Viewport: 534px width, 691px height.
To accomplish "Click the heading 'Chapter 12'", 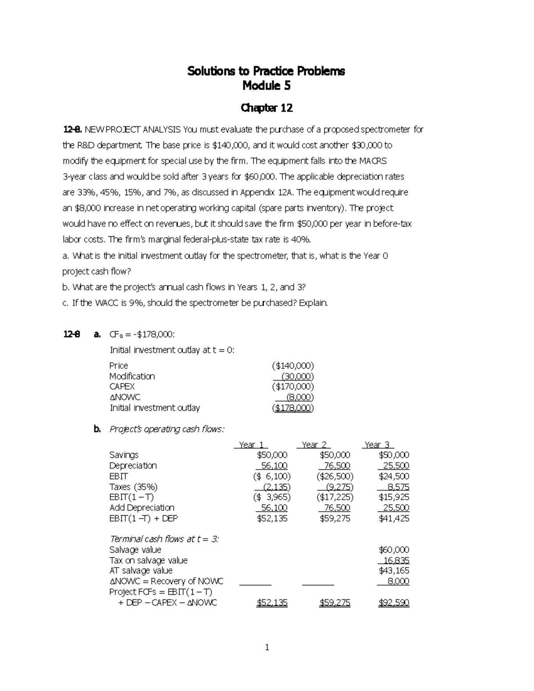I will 266,108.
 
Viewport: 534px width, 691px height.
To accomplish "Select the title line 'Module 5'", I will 266,86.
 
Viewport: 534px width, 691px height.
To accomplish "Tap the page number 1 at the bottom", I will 267,647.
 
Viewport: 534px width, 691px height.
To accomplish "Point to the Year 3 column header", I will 377,445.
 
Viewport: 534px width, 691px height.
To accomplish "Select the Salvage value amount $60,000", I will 393,550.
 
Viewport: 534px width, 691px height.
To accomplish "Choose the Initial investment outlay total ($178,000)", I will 293,408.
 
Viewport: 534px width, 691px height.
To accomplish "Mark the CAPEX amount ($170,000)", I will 293,387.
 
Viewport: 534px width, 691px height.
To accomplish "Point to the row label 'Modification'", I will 132,376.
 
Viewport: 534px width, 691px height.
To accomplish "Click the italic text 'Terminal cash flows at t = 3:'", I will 164,539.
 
